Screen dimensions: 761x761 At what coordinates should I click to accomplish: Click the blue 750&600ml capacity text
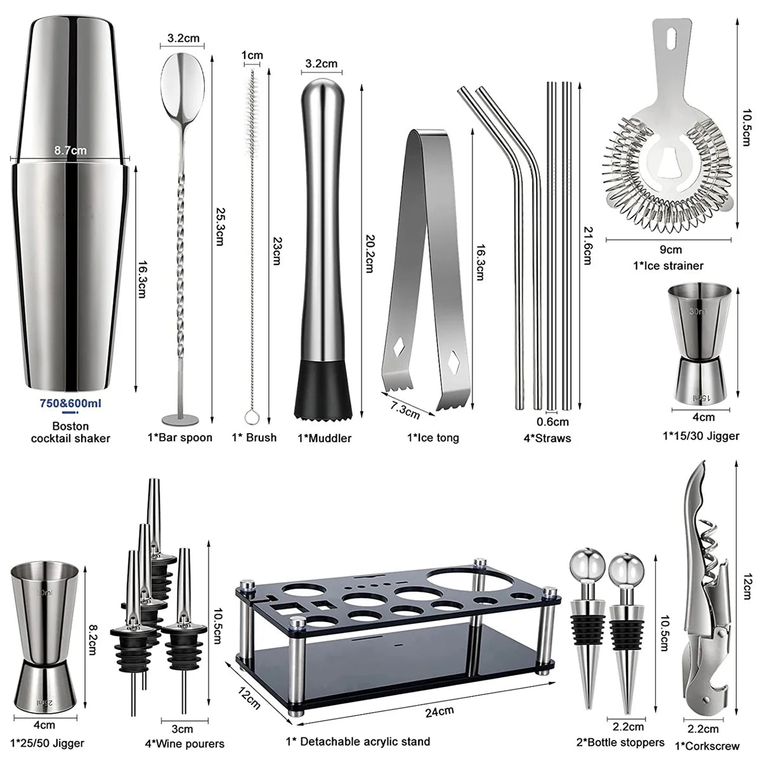[x=70, y=403]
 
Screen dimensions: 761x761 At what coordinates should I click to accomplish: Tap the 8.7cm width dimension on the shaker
[x=70, y=150]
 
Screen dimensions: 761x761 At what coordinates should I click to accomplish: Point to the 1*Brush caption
[x=254, y=437]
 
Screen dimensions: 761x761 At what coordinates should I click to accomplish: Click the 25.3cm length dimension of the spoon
[x=219, y=225]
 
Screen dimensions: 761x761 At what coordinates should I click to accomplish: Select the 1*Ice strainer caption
[x=668, y=266]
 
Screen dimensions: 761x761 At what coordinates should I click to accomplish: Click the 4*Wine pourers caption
[x=185, y=743]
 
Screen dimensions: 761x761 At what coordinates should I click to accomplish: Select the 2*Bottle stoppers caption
[x=621, y=742]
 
